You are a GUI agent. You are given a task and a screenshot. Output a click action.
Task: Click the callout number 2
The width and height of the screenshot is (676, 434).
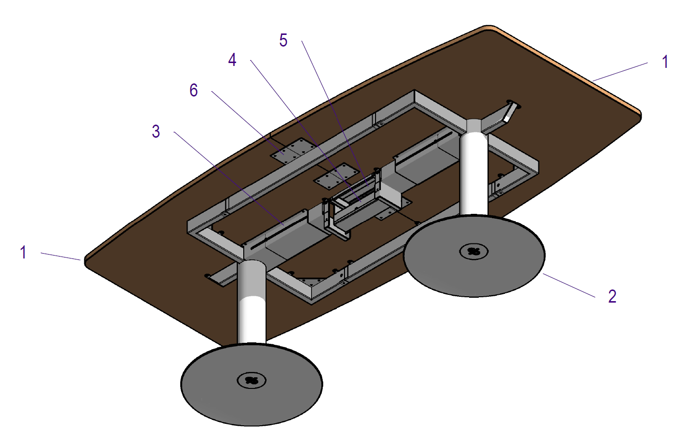pos(613,296)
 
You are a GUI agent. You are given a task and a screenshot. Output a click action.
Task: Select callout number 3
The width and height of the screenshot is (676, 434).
pos(156,131)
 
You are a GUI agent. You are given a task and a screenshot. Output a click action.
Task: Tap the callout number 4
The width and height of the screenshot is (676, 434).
pos(233,60)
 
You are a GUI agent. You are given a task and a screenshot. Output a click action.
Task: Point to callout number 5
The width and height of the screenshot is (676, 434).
pos(283,40)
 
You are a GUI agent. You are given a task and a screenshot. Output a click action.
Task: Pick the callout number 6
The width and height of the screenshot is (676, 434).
pos(194,90)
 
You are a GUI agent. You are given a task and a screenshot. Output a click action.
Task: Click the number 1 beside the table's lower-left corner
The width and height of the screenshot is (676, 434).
pos(23,252)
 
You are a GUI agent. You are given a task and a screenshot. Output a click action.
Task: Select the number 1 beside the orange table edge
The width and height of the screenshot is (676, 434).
pos(665,62)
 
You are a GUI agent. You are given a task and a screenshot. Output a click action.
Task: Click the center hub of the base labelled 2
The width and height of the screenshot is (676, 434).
pos(473,251)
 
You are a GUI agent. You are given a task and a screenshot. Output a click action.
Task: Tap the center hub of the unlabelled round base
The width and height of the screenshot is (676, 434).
pos(252,380)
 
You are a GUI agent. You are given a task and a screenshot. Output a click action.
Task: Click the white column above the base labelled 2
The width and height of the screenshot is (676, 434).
pos(473,175)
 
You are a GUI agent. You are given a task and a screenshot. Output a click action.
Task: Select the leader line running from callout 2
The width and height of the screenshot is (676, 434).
pos(569,285)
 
